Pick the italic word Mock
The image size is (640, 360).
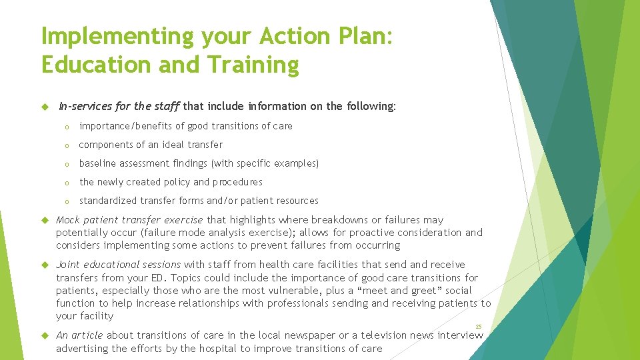68,220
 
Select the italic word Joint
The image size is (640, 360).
69,265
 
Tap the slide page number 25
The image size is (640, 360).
479,326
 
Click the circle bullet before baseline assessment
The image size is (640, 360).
67,164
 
